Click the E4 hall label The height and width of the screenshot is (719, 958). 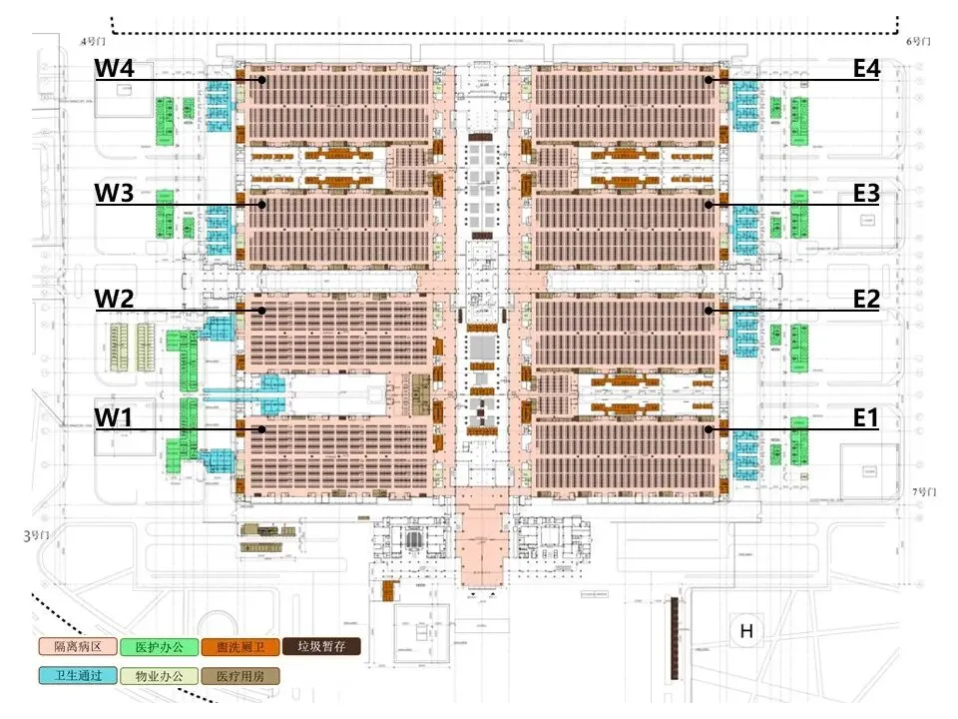(865, 69)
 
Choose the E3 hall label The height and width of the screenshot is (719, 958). (865, 194)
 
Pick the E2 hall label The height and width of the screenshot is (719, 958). (865, 299)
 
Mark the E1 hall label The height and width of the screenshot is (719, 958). (865, 417)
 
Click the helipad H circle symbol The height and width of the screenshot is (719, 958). (745, 631)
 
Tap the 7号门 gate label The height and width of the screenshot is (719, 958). (927, 492)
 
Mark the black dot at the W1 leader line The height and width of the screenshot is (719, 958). (261, 429)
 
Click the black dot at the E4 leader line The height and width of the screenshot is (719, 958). (708, 80)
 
